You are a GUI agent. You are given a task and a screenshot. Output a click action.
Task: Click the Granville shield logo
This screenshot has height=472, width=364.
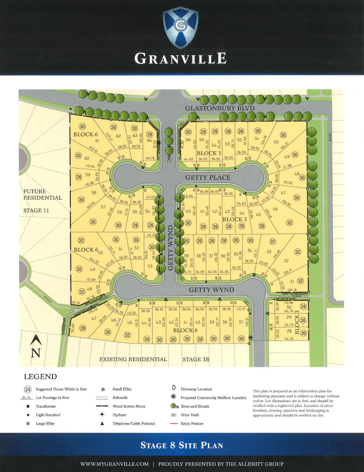pos(182,25)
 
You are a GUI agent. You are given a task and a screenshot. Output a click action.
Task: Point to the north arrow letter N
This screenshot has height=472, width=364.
pos(35,353)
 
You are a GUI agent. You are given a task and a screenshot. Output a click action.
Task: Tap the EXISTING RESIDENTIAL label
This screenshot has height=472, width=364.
pos(133,360)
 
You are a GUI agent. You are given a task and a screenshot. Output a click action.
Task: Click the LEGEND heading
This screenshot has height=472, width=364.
pos(41,377)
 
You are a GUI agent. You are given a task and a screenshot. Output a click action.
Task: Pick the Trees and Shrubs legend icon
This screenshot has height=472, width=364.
pos(174,406)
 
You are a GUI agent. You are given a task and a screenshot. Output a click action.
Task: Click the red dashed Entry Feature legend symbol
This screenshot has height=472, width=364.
pos(173,423)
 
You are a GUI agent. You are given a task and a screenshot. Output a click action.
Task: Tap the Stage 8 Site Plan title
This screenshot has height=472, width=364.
pos(182,445)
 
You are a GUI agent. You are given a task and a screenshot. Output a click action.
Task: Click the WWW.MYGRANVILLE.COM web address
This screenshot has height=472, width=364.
pos(114,464)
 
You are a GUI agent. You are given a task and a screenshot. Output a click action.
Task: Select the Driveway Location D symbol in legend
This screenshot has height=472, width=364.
pos(173,388)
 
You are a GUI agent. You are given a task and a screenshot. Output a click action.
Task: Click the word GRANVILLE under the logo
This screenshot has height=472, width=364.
pos(182,58)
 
